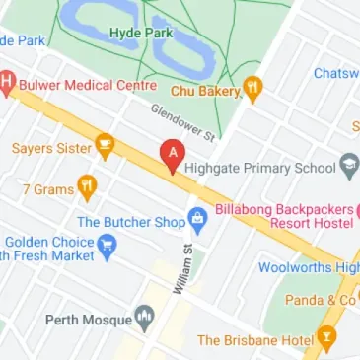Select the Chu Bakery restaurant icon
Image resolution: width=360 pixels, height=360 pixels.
pyautogui.click(x=253, y=90)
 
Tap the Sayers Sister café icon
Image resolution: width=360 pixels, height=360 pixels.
pyautogui.click(x=105, y=148)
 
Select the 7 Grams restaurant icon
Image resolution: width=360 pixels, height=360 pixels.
pyautogui.click(x=88, y=185)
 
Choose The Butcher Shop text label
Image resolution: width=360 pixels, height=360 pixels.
pyautogui.click(x=131, y=223)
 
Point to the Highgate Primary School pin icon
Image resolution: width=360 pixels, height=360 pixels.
pyautogui.click(x=348, y=166)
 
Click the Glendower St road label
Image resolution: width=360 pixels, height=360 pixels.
pyautogui.click(x=182, y=119)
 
